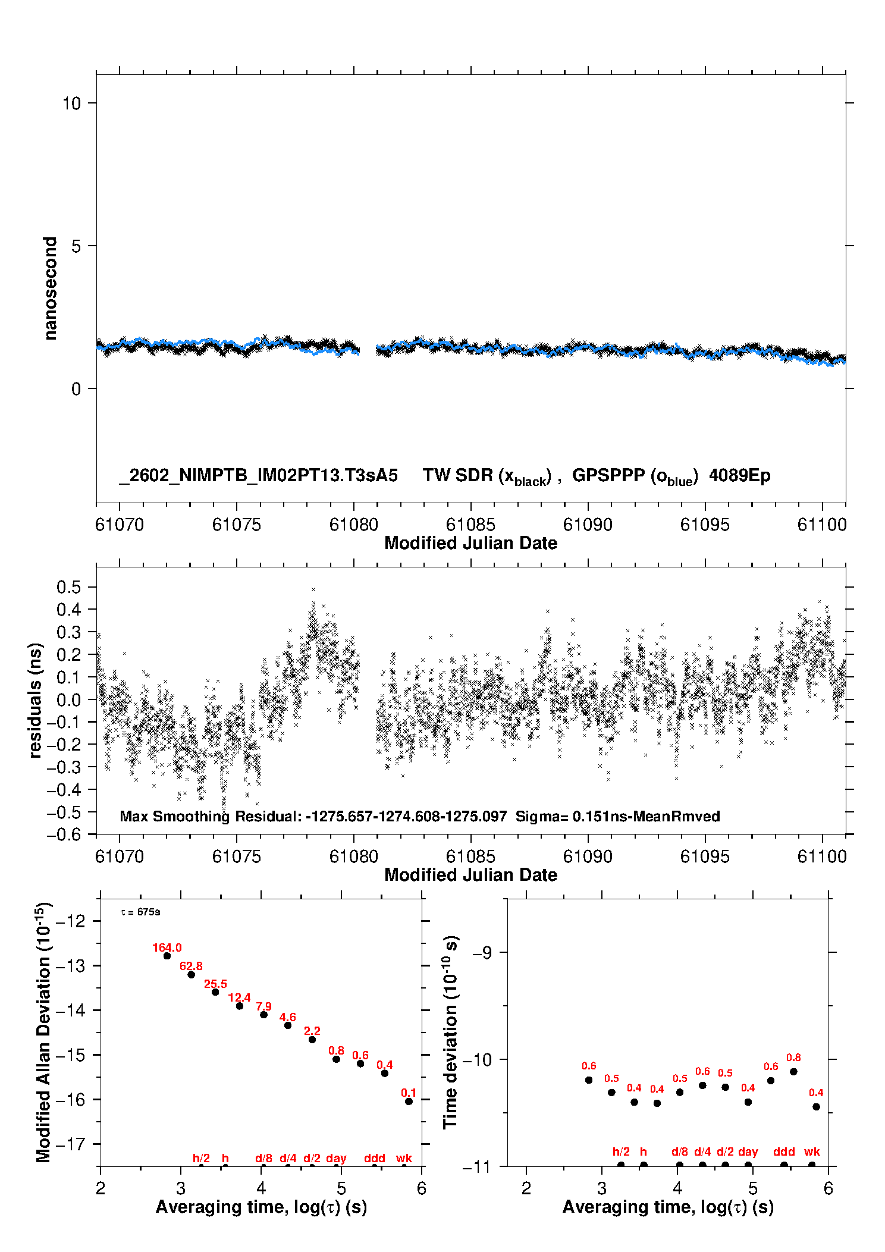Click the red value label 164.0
(167, 947)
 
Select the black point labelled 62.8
(191, 974)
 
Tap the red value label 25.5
(215, 984)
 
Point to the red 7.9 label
(263, 1006)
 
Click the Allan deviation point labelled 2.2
(312, 1039)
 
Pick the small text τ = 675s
(140, 912)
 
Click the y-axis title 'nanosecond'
(50, 288)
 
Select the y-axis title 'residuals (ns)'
(35, 700)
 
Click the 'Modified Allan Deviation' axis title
(43, 1032)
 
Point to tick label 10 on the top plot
(71, 103)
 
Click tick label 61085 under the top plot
(470, 525)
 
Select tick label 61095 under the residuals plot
(704, 856)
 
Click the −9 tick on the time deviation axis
(482, 952)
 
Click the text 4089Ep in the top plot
(739, 475)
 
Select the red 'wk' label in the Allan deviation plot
(404, 1158)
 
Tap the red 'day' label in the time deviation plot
(748, 1151)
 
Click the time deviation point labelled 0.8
(793, 1071)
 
